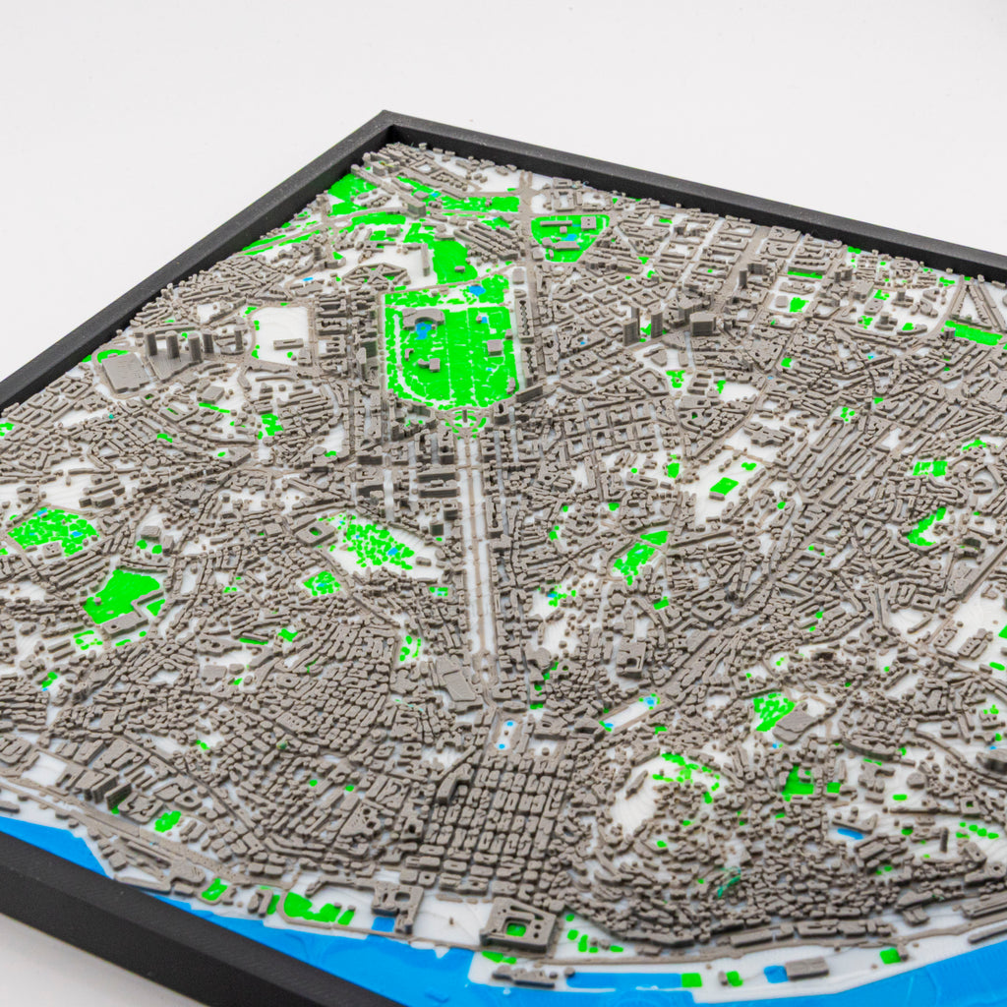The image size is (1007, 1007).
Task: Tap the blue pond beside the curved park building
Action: pos(423,329)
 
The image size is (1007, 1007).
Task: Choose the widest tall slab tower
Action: pos(700,323)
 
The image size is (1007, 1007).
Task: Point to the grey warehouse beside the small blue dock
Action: pos(806,968)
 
